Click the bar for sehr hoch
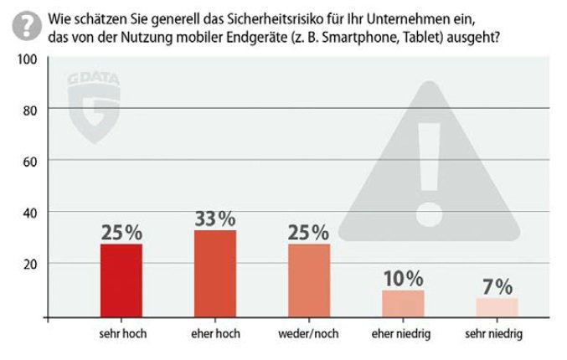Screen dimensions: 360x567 121,280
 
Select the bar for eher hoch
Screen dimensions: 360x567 215,274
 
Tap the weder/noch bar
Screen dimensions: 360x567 309,280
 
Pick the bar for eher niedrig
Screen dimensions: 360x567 403,303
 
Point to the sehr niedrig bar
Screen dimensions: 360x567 497,307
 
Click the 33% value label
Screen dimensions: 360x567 215,219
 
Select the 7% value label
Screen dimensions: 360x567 497,286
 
